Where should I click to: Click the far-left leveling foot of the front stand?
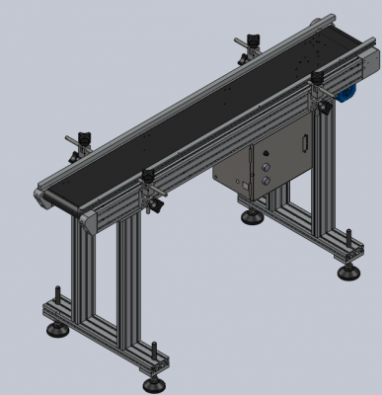pos(52,325)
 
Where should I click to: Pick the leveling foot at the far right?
pos(347,271)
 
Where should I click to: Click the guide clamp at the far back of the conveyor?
pos(247,42)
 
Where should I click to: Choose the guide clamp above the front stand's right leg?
pos(151,184)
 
